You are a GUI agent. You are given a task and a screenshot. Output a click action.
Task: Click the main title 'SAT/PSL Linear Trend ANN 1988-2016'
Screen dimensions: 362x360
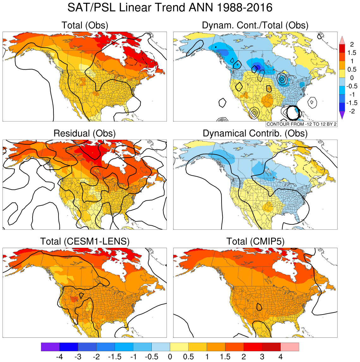(170, 8)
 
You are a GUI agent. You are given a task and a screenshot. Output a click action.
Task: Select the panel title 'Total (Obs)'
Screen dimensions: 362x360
(85, 25)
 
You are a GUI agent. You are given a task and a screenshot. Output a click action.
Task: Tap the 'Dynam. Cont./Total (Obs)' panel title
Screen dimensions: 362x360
(255, 25)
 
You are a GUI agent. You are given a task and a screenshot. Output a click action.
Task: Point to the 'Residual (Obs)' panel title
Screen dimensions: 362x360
(85, 133)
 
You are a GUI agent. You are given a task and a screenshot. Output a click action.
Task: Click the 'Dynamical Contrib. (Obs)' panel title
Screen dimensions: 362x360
(255, 133)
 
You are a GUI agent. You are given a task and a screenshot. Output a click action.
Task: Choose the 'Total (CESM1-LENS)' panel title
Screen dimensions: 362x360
(85, 241)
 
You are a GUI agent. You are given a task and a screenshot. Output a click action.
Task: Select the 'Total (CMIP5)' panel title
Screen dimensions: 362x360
(255, 241)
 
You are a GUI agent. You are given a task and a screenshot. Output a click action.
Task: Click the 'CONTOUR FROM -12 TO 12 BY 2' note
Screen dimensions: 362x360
(302, 124)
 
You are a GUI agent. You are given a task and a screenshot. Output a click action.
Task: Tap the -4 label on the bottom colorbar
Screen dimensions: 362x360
(59, 357)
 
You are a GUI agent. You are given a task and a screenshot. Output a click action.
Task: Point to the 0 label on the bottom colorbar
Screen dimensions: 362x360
(170, 357)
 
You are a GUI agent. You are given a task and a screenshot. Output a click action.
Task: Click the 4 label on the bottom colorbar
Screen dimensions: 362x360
(280, 357)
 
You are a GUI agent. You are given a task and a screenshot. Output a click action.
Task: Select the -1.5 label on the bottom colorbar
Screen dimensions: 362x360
(115, 357)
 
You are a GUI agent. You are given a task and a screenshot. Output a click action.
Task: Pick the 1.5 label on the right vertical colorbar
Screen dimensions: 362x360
(352, 53)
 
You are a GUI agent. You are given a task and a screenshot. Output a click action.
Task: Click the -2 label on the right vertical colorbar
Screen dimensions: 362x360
(351, 111)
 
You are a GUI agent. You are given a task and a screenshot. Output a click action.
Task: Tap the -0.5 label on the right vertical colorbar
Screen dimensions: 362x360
(351, 86)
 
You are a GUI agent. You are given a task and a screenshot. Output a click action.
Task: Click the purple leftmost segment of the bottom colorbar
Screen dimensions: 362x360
(50, 347)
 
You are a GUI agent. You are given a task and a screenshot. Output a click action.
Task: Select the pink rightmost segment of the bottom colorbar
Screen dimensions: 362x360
(290, 347)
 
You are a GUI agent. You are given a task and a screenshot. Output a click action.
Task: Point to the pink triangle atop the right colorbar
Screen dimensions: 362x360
(342, 40)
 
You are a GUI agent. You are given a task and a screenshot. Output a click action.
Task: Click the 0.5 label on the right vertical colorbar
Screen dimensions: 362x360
(352, 70)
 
